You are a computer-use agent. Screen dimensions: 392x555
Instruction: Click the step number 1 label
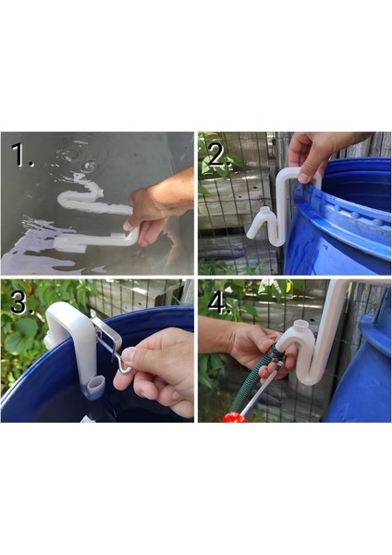pyautogui.click(x=22, y=154)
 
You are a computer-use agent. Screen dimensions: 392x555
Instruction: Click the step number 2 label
pyautogui.click(x=220, y=155)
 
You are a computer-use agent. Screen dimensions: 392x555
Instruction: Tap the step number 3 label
pyautogui.click(x=22, y=302)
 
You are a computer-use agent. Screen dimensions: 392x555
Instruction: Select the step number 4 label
pyautogui.click(x=220, y=302)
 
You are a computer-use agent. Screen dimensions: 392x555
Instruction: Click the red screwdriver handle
pyautogui.click(x=235, y=417)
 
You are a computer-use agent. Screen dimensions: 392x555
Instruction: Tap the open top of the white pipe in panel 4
pyautogui.click(x=301, y=324)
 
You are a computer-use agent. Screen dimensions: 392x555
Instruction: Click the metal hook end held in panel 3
pyautogui.click(x=124, y=365)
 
